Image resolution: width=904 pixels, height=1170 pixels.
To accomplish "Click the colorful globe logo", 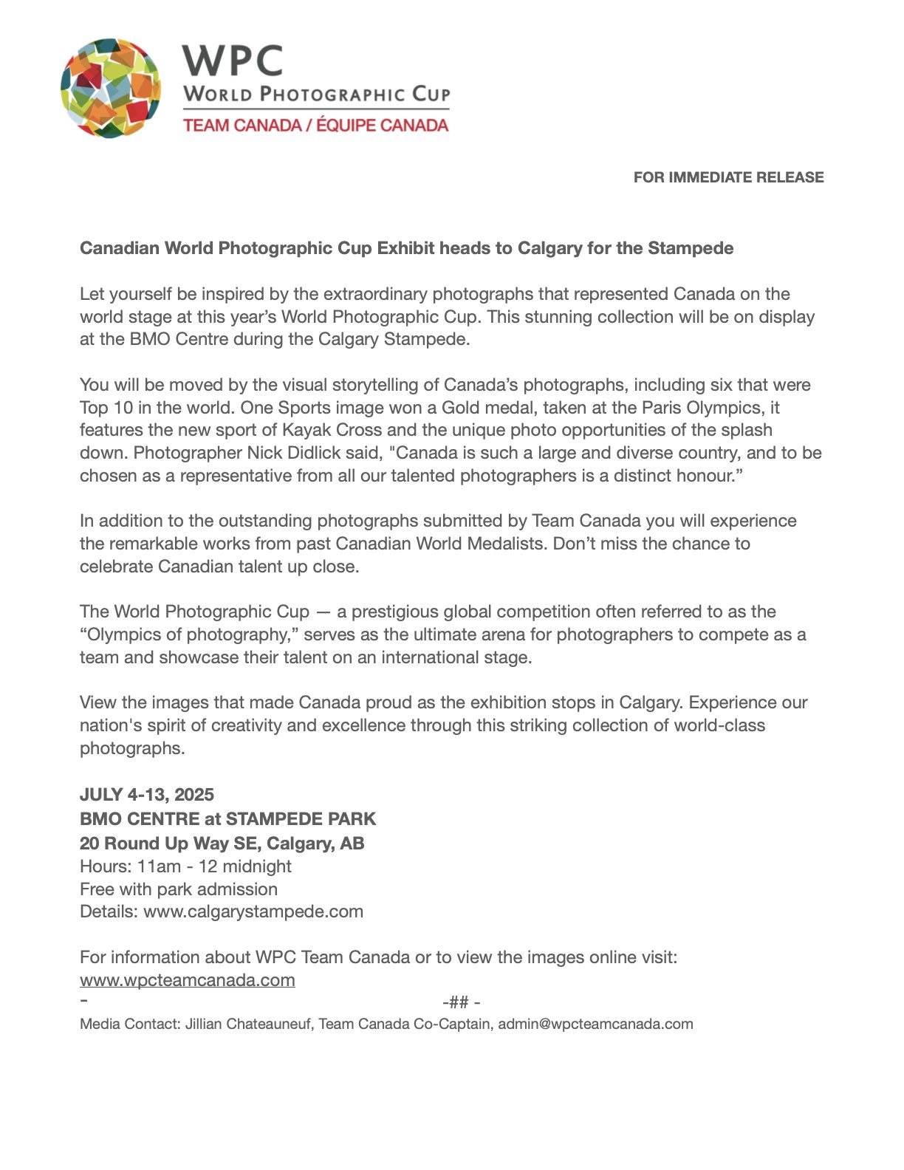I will point(111,88).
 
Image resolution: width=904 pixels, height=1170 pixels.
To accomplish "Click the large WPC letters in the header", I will point(233,60).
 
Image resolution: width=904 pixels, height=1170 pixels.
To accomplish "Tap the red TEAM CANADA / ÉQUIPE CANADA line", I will point(315,125).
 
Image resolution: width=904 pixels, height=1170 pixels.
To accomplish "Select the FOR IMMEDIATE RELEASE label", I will point(728,177).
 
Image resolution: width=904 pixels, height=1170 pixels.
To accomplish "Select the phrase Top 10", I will point(103,408).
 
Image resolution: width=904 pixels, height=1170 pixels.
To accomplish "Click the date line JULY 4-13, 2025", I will point(147,795).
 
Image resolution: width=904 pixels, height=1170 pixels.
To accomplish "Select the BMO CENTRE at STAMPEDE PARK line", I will point(227,819).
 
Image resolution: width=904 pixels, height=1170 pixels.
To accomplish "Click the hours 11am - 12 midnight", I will point(213,866).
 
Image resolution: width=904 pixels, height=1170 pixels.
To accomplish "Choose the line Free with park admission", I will point(179,889).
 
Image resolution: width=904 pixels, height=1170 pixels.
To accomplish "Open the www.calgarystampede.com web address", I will point(253,911).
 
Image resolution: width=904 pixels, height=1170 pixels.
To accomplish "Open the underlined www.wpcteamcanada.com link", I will point(188,980).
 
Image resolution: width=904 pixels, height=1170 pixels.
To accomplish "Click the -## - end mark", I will point(461,1002).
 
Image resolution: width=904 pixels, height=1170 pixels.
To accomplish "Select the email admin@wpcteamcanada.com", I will point(595,1024).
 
